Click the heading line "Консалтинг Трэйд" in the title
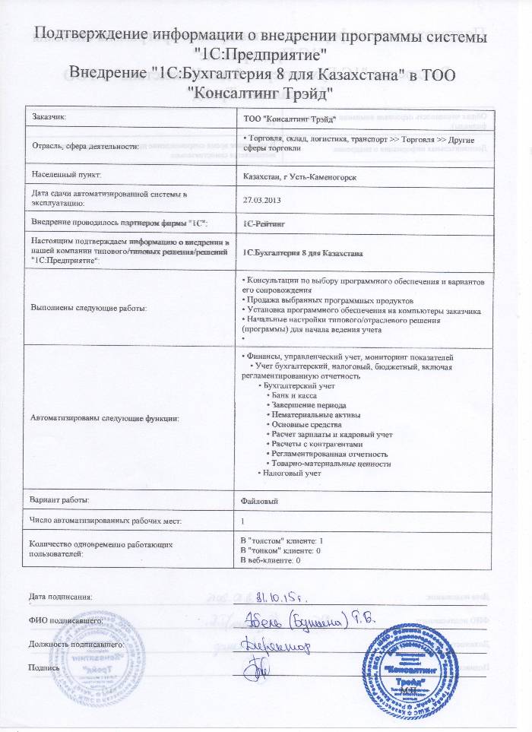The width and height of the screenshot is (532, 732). pyautogui.click(x=260, y=90)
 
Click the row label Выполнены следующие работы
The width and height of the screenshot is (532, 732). pyautogui.click(x=88, y=307)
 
